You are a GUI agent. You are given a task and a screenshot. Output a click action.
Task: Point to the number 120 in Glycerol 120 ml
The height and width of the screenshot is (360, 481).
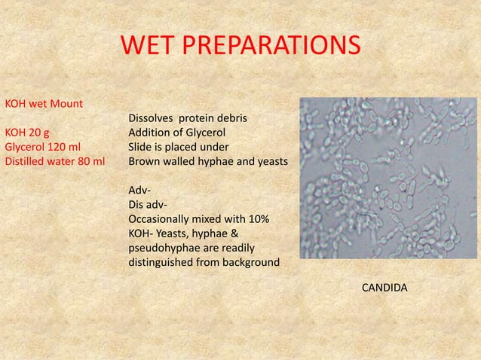(x=61, y=147)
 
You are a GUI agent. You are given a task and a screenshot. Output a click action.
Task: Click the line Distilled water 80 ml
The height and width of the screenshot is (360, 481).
(x=55, y=161)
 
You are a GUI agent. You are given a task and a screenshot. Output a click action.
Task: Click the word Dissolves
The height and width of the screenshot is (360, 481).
(x=152, y=118)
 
